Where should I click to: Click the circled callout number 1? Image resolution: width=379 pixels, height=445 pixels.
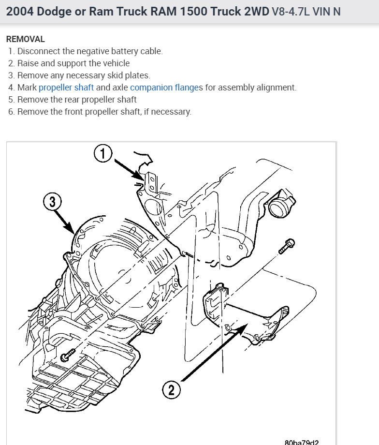[102, 154]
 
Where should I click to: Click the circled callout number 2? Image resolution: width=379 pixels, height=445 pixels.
[171, 389]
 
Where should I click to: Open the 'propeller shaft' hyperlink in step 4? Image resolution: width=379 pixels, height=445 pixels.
[66, 88]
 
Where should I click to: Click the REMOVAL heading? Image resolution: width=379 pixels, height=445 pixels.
[25, 39]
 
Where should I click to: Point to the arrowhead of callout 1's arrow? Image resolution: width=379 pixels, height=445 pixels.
[142, 179]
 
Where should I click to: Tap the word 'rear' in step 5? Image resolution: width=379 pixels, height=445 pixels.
[66, 100]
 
